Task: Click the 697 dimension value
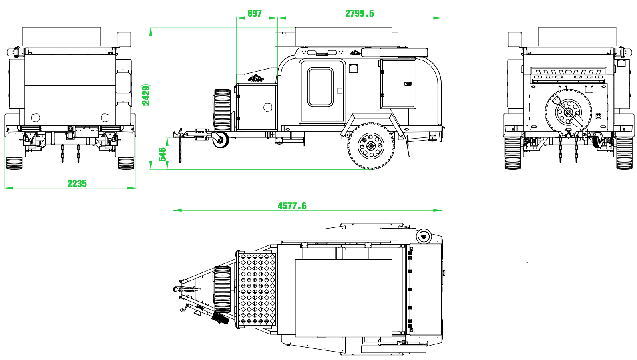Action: click(x=254, y=13)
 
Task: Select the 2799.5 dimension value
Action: click(x=359, y=13)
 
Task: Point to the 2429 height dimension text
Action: click(x=146, y=95)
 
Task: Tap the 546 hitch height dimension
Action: click(x=162, y=154)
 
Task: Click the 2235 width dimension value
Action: click(x=77, y=184)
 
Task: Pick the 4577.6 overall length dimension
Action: click(x=292, y=206)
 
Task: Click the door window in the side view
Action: click(x=320, y=87)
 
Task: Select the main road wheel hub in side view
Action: click(x=371, y=146)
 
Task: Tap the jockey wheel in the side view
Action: click(x=220, y=140)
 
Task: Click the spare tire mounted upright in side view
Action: click(x=222, y=110)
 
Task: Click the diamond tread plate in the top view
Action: click(x=257, y=290)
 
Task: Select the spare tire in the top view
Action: click(x=222, y=290)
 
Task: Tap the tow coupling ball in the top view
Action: click(x=176, y=290)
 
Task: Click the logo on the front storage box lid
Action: click(x=256, y=78)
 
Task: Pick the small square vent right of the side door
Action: click(x=353, y=68)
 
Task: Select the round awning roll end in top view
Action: click(x=424, y=236)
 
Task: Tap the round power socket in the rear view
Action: click(x=599, y=116)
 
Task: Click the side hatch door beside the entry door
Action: click(x=398, y=84)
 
